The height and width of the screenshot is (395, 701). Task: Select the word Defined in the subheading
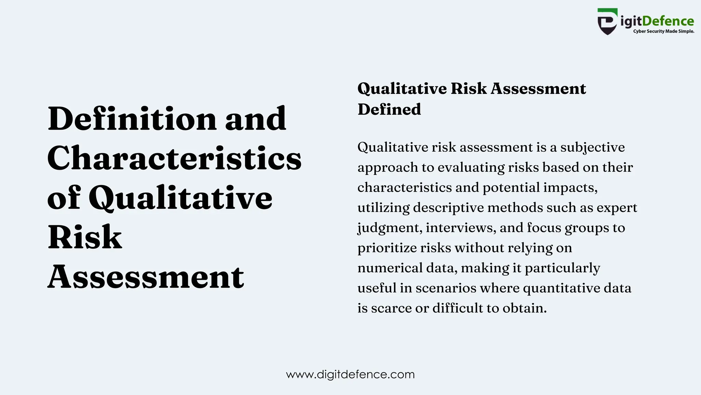pos(389,109)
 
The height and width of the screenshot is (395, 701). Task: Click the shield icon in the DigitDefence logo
pos(607,22)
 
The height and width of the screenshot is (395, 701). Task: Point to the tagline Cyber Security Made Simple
pos(663,31)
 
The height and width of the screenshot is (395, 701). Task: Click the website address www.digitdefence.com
pos(350,374)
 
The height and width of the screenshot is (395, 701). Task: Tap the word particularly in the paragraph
pos(562,268)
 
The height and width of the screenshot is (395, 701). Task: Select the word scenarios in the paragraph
pos(446,288)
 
